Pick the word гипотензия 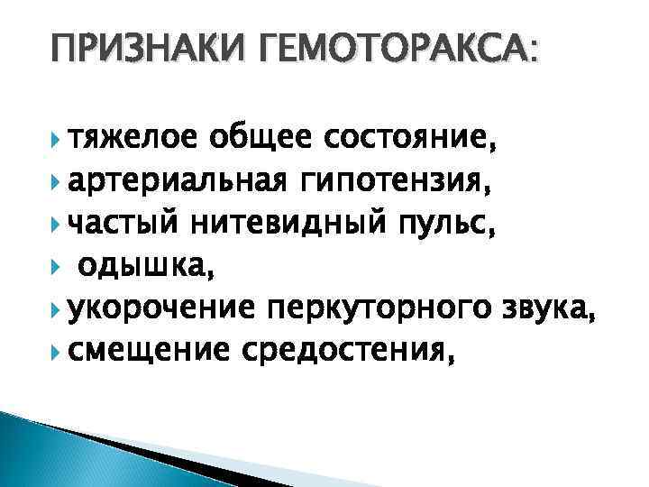[382, 184]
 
